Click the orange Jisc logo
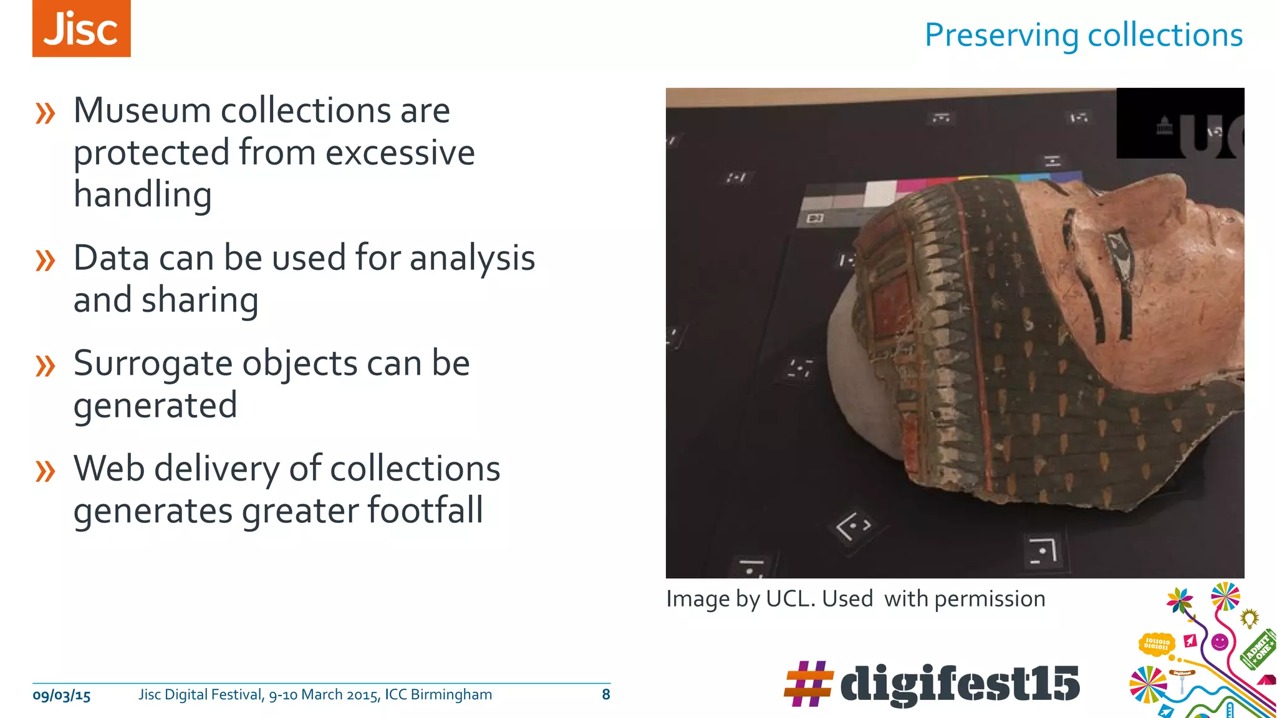pos(81,29)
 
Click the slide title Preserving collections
pos(1083,35)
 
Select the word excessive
pos(400,153)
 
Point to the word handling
pos(142,195)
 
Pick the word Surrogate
pos(152,364)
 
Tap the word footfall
pos(425,510)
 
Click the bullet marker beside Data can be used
pos(46,260)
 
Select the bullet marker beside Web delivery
pos(46,471)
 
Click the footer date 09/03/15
pos(61,696)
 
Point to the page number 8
pos(605,695)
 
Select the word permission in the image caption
pos(990,599)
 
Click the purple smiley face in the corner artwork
pos(1220,641)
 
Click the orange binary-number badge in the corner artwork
pos(1157,644)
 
